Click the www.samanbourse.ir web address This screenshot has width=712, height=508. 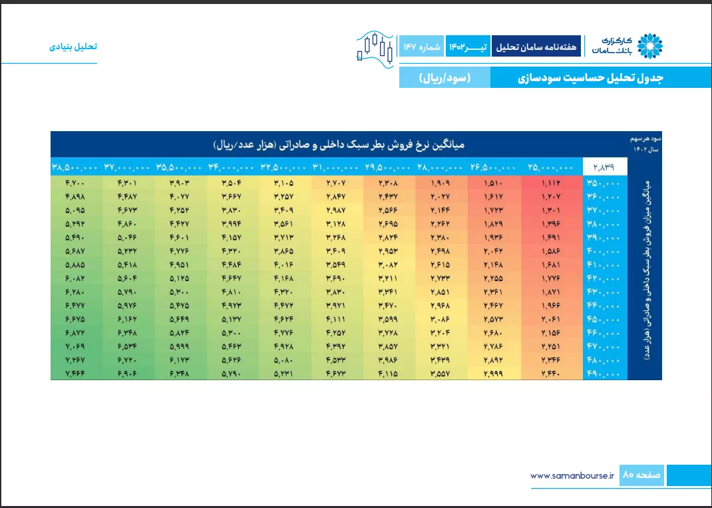click(572, 476)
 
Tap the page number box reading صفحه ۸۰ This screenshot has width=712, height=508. click(641, 475)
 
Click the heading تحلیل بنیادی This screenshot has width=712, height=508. click(73, 47)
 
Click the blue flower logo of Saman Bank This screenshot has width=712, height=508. click(650, 46)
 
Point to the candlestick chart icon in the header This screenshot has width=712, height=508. click(375, 49)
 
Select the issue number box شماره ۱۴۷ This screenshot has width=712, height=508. click(421, 47)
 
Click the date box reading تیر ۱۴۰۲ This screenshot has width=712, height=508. click(468, 47)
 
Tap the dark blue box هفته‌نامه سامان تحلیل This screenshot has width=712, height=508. click(536, 47)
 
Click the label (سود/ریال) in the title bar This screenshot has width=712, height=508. click(445, 78)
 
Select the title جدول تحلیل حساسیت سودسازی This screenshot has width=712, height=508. click(591, 78)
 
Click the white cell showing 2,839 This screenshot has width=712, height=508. click(605, 166)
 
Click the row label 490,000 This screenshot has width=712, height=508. click(605, 374)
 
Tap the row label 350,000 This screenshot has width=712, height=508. click(605, 183)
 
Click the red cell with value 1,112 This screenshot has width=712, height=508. click(551, 183)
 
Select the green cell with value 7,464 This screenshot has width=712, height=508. click(75, 374)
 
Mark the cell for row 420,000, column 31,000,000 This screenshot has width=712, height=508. click(336, 278)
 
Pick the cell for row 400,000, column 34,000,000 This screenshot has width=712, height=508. click(232, 251)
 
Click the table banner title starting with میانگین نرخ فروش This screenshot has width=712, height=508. click(339, 145)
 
